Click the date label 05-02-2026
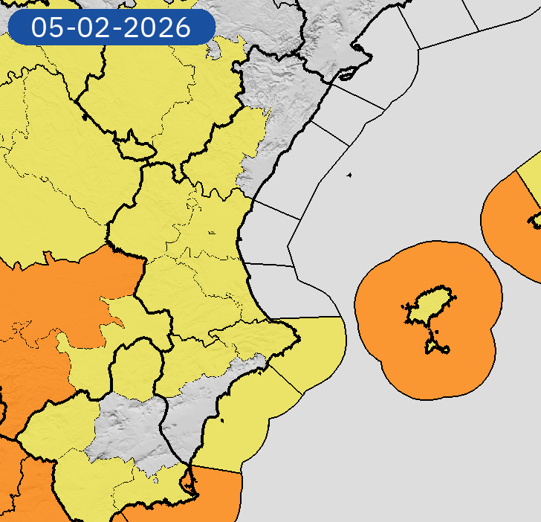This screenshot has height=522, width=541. tap(111, 28)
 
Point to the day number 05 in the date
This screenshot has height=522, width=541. tap(46, 28)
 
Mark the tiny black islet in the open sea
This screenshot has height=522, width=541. tap(349, 175)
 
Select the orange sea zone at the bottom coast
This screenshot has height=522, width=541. tap(220, 494)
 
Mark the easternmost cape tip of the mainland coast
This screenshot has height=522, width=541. tap(299, 341)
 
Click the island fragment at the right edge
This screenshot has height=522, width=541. tap(536, 220)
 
